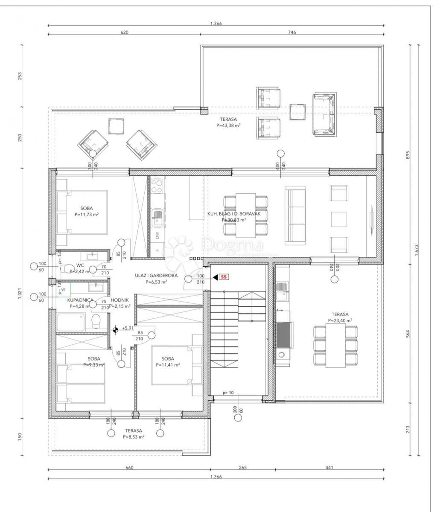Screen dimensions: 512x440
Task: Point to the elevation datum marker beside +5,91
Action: point(115,329)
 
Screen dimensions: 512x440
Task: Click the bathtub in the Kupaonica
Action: point(71,322)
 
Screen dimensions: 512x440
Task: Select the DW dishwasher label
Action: point(157,235)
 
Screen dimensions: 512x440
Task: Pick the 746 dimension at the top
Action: point(292,32)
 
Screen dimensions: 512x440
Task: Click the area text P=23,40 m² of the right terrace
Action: point(340,320)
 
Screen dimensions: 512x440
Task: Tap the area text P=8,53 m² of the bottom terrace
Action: point(134,436)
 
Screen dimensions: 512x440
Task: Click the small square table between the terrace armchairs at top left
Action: point(116,127)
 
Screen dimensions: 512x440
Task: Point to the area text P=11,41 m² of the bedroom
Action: point(168,365)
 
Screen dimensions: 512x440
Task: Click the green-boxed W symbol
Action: point(64,289)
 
